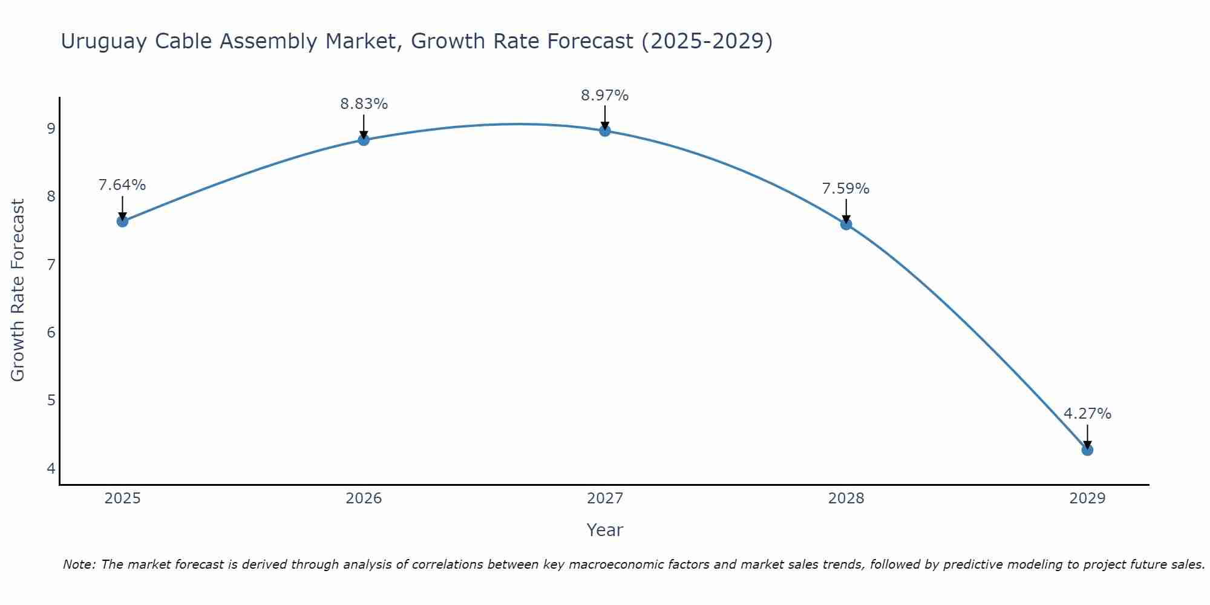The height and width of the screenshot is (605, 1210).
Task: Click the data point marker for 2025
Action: click(122, 221)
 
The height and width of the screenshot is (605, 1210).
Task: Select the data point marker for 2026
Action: click(364, 140)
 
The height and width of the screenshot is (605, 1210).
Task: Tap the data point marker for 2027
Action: click(605, 131)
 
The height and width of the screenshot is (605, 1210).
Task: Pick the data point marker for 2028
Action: click(846, 224)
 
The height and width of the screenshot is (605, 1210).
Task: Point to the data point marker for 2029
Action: click(1087, 450)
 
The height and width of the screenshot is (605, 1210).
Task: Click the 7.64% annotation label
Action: click(122, 185)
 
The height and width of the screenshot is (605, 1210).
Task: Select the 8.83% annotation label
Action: click(364, 104)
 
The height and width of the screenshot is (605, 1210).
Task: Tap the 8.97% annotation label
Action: click(605, 96)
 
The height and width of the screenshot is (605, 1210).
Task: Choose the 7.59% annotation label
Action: click(846, 189)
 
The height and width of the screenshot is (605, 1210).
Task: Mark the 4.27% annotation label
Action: click(1087, 414)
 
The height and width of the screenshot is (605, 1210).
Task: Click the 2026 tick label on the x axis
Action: click(364, 499)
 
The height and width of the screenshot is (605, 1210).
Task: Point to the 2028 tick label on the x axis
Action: click(846, 499)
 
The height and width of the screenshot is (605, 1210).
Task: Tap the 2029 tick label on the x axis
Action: click(1087, 499)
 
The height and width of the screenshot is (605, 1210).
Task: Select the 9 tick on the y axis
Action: click(51, 128)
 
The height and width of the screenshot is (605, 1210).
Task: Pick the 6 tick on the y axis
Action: click(51, 332)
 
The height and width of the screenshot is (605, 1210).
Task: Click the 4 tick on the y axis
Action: click(51, 468)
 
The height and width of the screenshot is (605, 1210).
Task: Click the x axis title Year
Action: click(605, 530)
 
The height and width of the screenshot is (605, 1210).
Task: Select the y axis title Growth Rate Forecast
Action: click(18, 290)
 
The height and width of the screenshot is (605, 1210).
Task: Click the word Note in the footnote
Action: click(79, 564)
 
